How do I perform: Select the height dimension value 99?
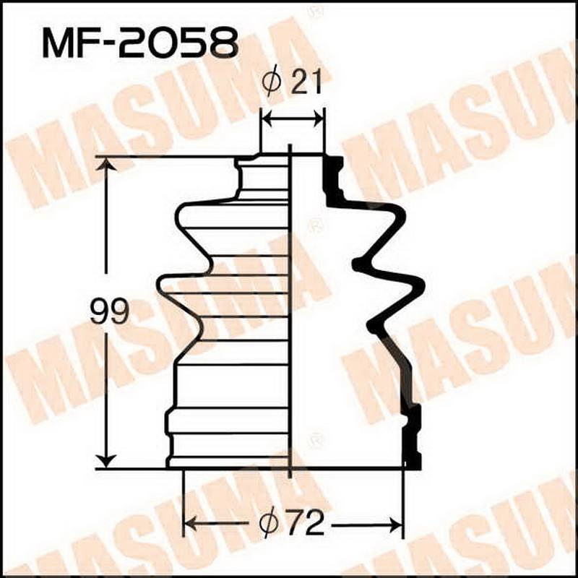pyautogui.click(x=109, y=313)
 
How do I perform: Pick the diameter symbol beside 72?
pyautogui.click(x=270, y=522)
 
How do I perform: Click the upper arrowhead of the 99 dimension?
pyautogui.click(x=107, y=165)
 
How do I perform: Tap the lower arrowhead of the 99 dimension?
pyautogui.click(x=107, y=459)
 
